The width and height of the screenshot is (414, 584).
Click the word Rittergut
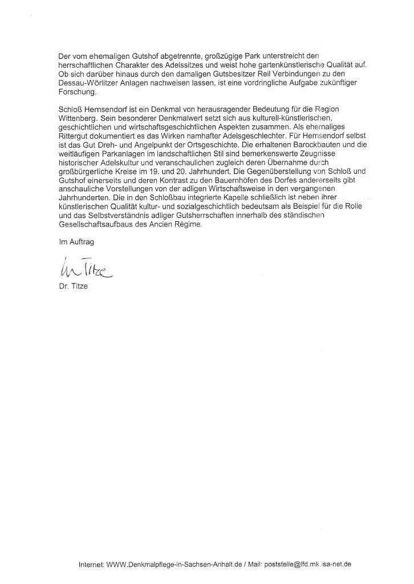click(75, 139)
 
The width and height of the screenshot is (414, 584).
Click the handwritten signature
click(85, 267)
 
